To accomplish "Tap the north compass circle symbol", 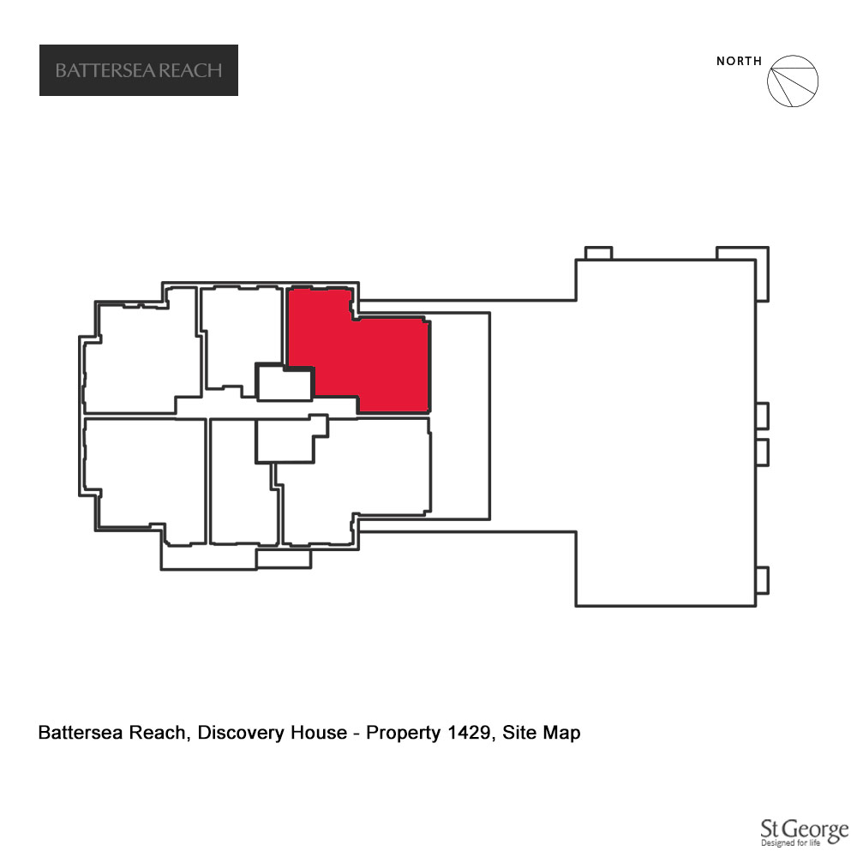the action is (x=793, y=81).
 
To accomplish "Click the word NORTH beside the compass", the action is (x=739, y=61).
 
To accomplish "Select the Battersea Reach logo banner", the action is (x=139, y=70).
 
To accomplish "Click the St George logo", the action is (x=805, y=832).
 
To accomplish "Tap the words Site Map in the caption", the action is (x=541, y=733).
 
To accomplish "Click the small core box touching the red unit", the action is (x=285, y=383).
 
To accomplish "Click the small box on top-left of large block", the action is (x=598, y=253).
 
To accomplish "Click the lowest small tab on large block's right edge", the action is (x=763, y=580).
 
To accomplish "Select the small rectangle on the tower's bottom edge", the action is (x=284, y=559).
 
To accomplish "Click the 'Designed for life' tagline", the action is (x=790, y=842).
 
